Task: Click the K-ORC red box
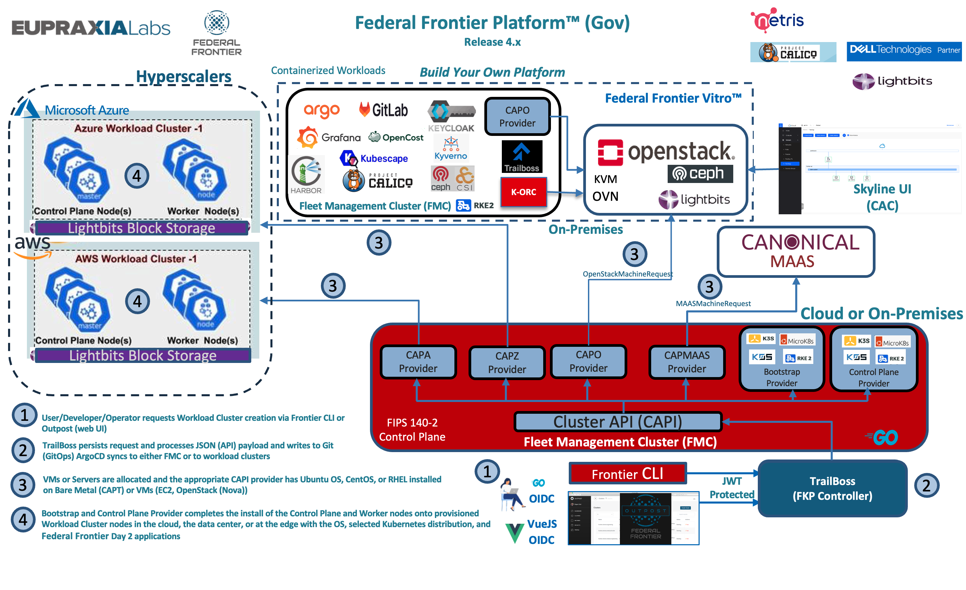coord(523,192)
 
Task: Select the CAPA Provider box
coord(418,362)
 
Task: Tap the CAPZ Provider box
coord(507,363)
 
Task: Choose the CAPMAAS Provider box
coord(687,362)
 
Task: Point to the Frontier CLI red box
coord(627,474)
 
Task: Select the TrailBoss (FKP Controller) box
coord(832,488)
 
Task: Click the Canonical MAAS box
coord(796,252)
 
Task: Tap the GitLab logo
coord(383,110)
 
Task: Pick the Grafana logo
coord(329,137)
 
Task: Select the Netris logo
coord(777,20)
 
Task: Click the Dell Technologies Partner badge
coord(904,50)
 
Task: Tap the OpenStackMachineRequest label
coord(627,274)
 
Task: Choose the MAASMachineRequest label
coord(713,303)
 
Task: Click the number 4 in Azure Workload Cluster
coord(137,176)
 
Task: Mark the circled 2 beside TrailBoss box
coord(926,486)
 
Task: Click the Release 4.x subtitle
coord(492,42)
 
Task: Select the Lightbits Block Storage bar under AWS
coord(143,355)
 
